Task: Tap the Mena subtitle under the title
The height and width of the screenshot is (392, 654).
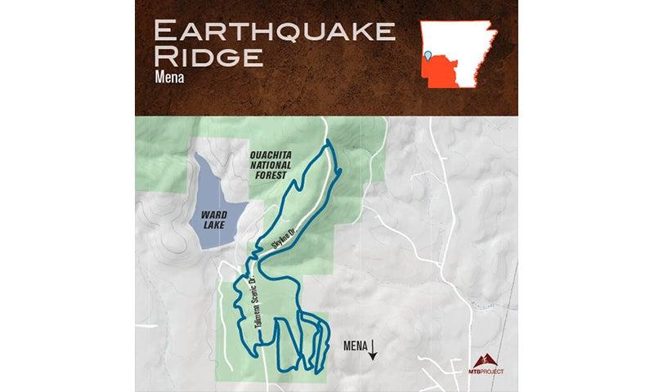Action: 168,81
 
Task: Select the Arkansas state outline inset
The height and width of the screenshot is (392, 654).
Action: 459,50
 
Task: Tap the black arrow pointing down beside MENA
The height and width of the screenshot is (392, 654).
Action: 373,350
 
